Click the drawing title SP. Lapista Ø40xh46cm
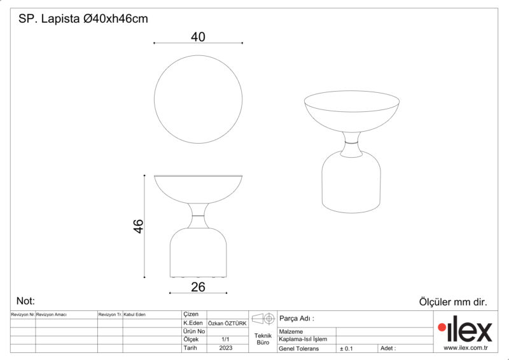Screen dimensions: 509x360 pyautogui.click(x=83, y=19)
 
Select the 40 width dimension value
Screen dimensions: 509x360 pyautogui.click(x=198, y=37)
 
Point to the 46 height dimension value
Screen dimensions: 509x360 pyautogui.click(x=138, y=226)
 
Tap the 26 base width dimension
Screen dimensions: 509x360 pyautogui.click(x=198, y=287)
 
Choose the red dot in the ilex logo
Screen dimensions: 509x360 pyautogui.click(x=442, y=328)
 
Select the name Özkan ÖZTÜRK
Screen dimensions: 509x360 pyautogui.click(x=227, y=323)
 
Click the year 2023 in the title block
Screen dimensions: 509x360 pyautogui.click(x=226, y=348)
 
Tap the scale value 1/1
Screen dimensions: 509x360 pyautogui.click(x=225, y=340)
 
